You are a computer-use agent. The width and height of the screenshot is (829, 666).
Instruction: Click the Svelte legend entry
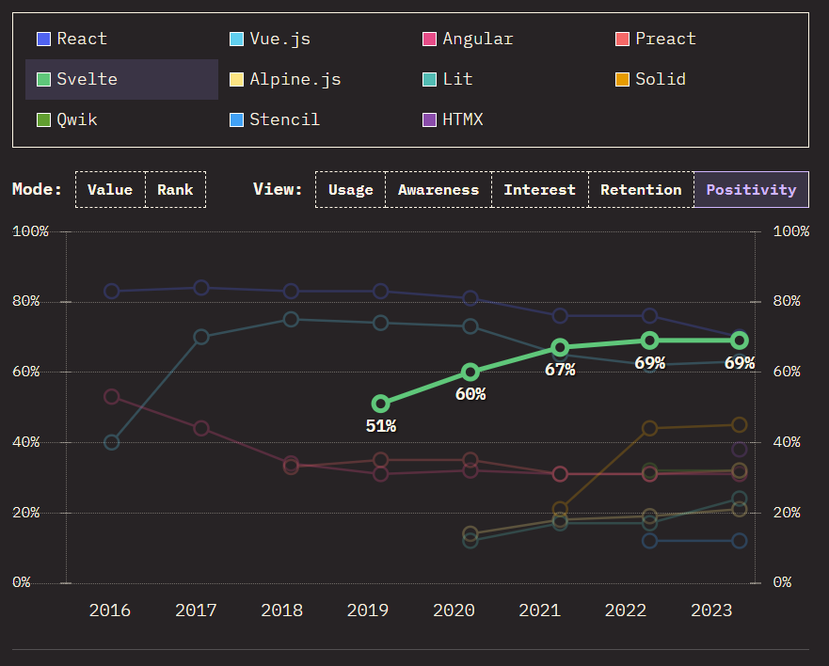point(121,79)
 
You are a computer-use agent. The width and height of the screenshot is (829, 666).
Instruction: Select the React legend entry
point(72,40)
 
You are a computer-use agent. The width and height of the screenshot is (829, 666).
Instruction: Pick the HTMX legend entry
point(453,120)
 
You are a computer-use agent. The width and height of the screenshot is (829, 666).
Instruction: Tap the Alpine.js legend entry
point(285,79)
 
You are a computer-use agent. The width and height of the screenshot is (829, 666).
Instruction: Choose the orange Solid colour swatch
point(622,79)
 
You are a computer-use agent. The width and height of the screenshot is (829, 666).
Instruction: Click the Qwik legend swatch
point(43,120)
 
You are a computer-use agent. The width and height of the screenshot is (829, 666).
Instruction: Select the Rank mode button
point(176,190)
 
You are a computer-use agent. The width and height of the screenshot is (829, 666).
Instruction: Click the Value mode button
point(110,190)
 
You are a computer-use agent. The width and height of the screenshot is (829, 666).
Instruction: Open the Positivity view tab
point(751,190)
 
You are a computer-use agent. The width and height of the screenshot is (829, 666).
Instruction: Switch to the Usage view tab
point(351,190)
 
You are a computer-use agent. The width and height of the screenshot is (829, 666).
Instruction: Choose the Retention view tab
point(641,190)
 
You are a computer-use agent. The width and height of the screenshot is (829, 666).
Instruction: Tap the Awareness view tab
point(438,190)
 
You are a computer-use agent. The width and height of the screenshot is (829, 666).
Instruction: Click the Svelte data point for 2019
point(381,404)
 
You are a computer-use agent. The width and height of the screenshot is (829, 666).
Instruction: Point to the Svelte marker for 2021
point(560,348)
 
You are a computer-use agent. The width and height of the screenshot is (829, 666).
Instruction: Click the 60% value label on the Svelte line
point(470,394)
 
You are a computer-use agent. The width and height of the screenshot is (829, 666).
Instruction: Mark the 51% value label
point(381,426)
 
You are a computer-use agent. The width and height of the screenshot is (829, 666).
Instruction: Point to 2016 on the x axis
point(109,610)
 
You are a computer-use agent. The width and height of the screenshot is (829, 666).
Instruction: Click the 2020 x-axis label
point(454,610)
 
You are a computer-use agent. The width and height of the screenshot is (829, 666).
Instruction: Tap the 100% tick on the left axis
point(30,231)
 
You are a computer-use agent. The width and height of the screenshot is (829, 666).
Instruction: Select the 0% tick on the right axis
point(782,582)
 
